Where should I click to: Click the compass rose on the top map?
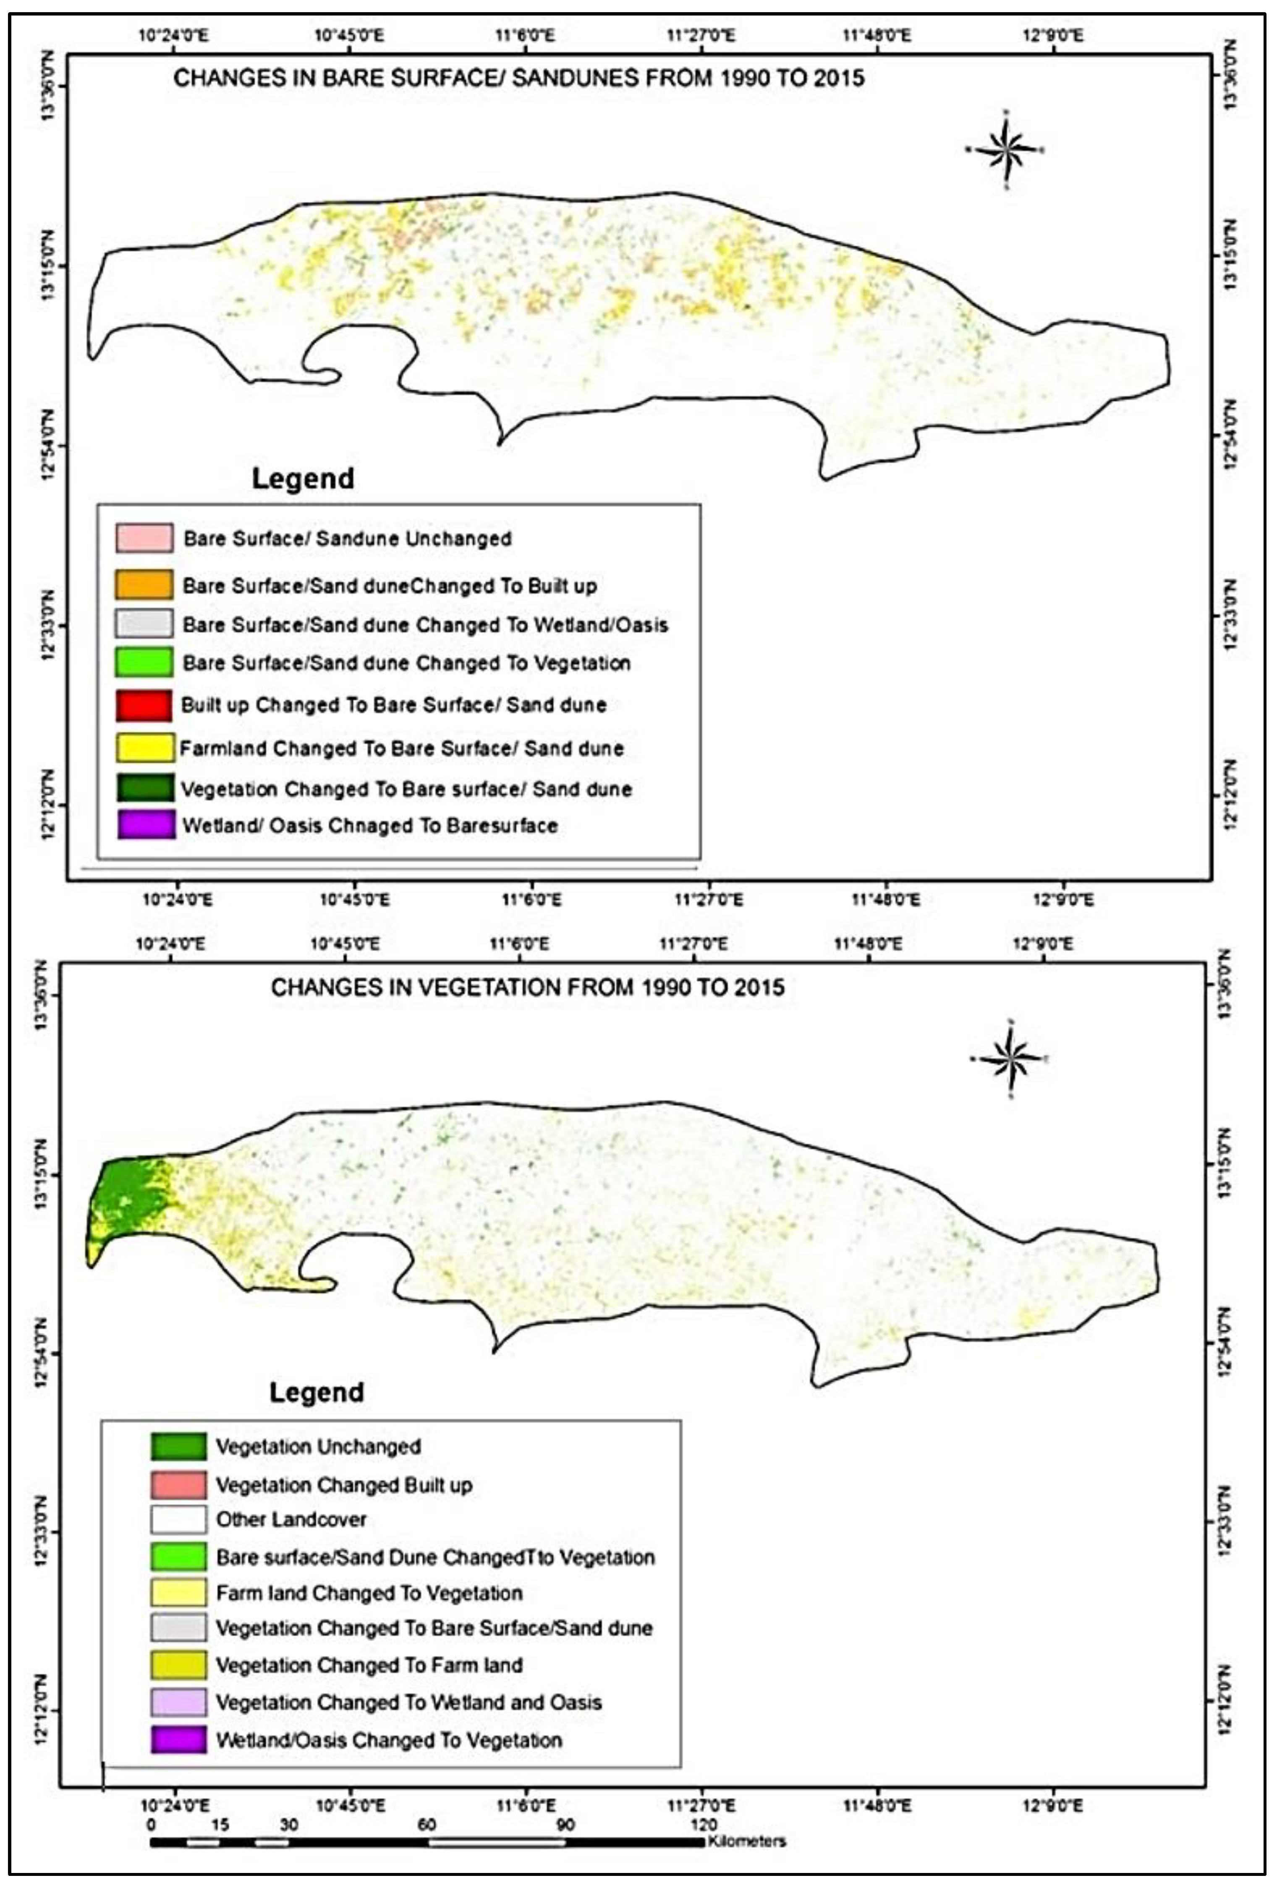pyautogui.click(x=1006, y=150)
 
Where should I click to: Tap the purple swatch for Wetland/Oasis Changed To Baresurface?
pyautogui.click(x=145, y=825)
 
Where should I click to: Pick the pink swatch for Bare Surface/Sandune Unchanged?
pyautogui.click(x=144, y=538)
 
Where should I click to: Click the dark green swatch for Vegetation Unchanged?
pyautogui.click(x=178, y=1446)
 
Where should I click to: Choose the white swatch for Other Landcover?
pyautogui.click(x=178, y=1519)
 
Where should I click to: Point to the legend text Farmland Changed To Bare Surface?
pyautogui.click(x=401, y=748)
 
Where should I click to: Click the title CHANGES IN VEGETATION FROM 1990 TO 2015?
pyautogui.click(x=527, y=988)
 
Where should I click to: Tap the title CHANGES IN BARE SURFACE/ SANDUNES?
pyautogui.click(x=518, y=78)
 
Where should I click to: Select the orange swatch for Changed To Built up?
pyautogui.click(x=144, y=584)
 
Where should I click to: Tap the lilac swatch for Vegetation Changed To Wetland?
pyautogui.click(x=178, y=1701)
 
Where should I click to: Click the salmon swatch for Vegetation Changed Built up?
pyautogui.click(x=178, y=1485)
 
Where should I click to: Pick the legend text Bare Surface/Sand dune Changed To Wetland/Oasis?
pyautogui.click(x=425, y=625)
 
